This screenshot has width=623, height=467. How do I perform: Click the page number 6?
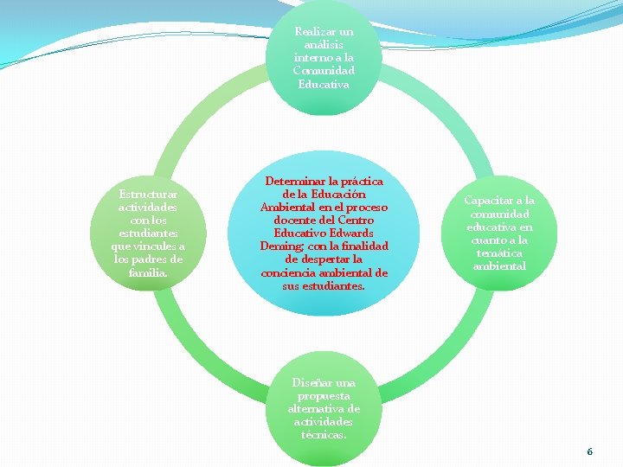589,451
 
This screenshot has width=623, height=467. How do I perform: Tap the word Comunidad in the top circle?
324,71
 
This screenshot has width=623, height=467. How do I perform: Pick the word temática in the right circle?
498,253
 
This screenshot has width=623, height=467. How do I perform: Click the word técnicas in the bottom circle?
324,434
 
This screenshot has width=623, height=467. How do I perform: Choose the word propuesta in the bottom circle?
324,395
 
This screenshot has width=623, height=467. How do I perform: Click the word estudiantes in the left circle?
148,233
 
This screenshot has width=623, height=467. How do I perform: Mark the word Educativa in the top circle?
324,84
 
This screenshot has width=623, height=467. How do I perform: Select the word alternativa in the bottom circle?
316,408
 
